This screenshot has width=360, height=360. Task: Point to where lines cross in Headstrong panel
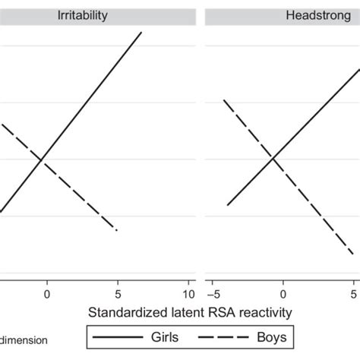(x=272, y=157)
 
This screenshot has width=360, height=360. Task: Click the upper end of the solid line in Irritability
(x=141, y=33)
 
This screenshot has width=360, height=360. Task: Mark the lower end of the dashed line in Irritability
(x=117, y=229)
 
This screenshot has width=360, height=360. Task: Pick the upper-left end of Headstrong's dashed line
(x=223, y=100)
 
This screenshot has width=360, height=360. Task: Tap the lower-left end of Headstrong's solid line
(x=228, y=204)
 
